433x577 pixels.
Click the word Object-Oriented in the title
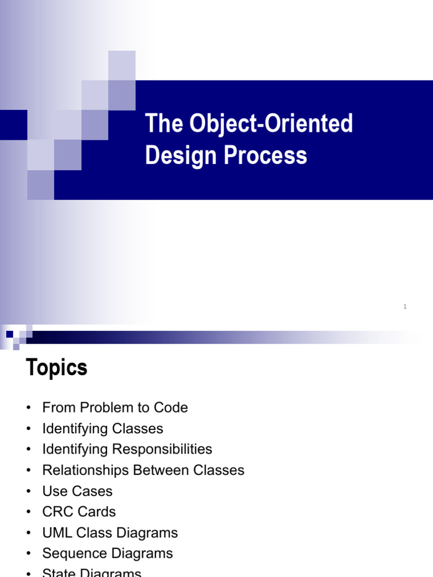coord(272,124)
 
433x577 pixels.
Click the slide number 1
coord(405,307)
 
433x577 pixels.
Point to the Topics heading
coord(56,369)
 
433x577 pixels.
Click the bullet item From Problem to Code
coord(115,407)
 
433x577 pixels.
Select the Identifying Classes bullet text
coord(103,428)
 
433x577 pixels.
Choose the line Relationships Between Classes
coord(143,470)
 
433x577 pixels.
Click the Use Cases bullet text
coord(77,491)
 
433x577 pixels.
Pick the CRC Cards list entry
coord(79,512)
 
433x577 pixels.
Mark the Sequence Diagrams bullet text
coord(107,553)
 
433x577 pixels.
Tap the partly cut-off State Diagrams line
coord(91,572)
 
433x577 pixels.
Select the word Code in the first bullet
coord(173,407)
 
